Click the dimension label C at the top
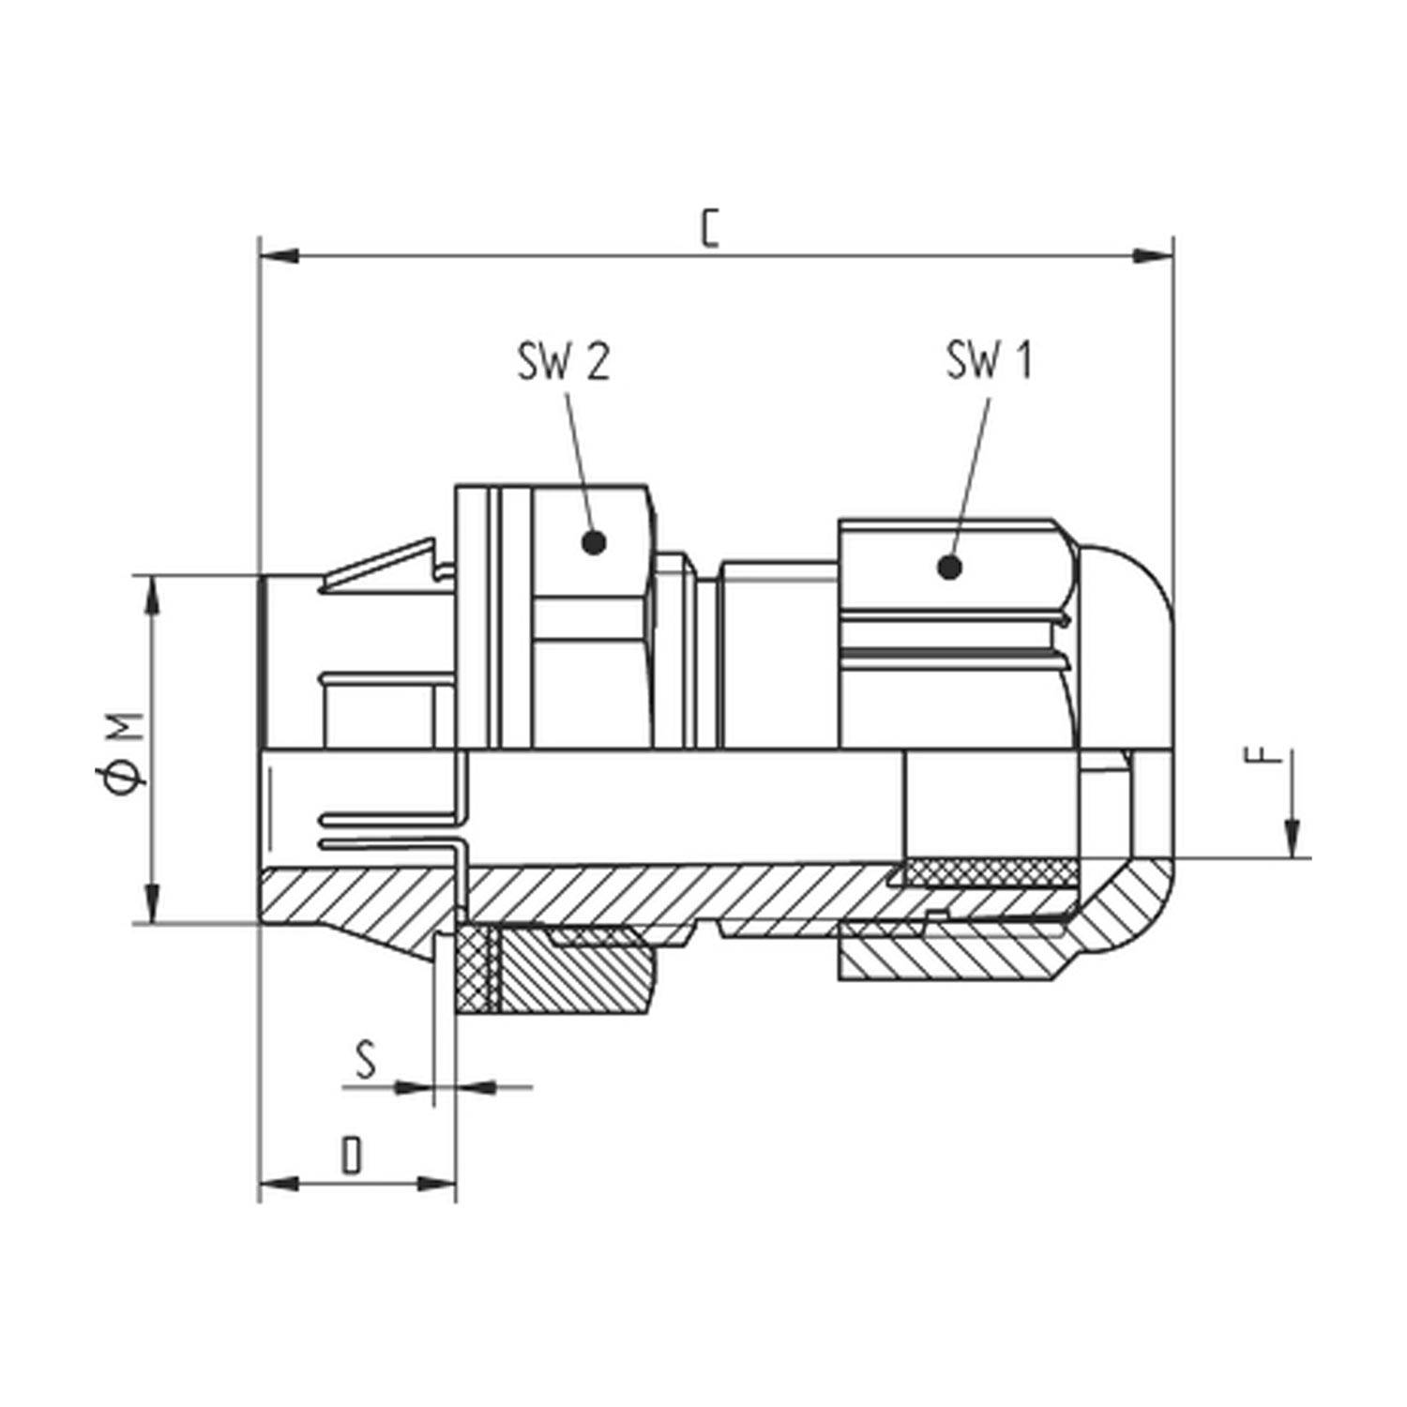[710, 230]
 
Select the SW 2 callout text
[563, 361]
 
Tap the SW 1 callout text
[989, 361]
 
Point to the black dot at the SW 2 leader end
[593, 542]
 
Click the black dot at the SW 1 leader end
[949, 567]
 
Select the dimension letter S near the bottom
[366, 1060]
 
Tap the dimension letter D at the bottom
[351, 1156]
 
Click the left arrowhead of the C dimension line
[279, 255]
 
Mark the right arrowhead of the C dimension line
[1153, 255]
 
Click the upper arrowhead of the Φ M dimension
[151, 597]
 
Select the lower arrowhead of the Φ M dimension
[151, 902]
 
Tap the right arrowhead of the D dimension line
[437, 1184]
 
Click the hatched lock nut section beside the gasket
[572, 976]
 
